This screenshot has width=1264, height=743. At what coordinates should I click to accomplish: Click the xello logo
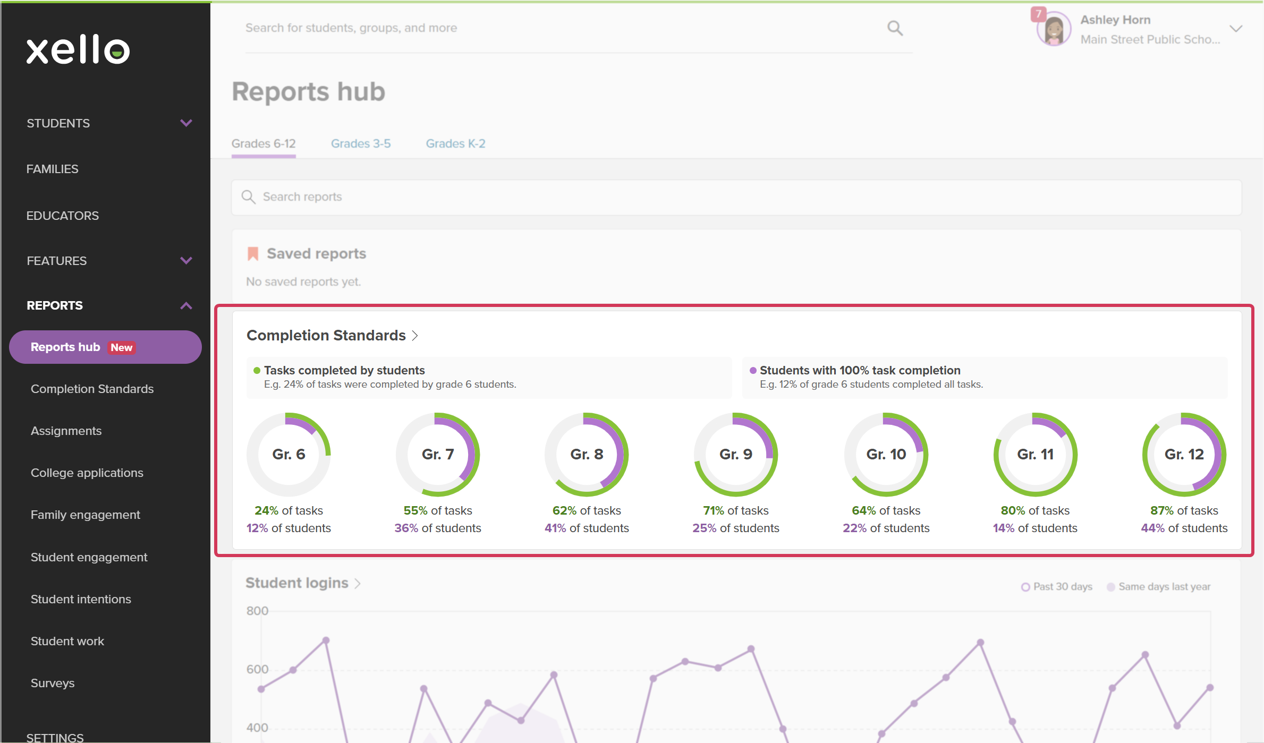tap(78, 50)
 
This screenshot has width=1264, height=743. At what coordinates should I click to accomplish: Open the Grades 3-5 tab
tap(361, 143)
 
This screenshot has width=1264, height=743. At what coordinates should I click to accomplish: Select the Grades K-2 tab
tap(455, 143)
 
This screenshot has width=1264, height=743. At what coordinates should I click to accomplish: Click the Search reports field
tap(736, 197)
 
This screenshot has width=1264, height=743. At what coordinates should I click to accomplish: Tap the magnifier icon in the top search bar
tap(895, 28)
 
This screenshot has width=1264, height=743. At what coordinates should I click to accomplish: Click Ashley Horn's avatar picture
tap(1054, 29)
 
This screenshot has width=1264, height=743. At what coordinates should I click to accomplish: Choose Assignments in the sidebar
tap(66, 431)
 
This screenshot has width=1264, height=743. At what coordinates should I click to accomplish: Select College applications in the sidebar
tap(87, 473)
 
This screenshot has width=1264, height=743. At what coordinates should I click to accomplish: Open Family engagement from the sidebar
tap(86, 515)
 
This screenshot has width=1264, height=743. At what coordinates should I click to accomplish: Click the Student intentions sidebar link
tap(81, 599)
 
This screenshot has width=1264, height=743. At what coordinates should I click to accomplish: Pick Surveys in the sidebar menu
tap(53, 683)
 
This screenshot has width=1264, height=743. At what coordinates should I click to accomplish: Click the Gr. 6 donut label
tap(289, 454)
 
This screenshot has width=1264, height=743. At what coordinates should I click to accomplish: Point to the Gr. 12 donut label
tap(1184, 454)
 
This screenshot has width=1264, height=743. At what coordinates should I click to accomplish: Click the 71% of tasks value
tap(736, 510)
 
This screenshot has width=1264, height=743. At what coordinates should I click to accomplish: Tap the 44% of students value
tap(1184, 528)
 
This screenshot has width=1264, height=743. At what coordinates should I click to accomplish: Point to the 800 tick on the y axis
tap(257, 611)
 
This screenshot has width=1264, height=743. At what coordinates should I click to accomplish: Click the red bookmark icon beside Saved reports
tap(253, 253)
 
